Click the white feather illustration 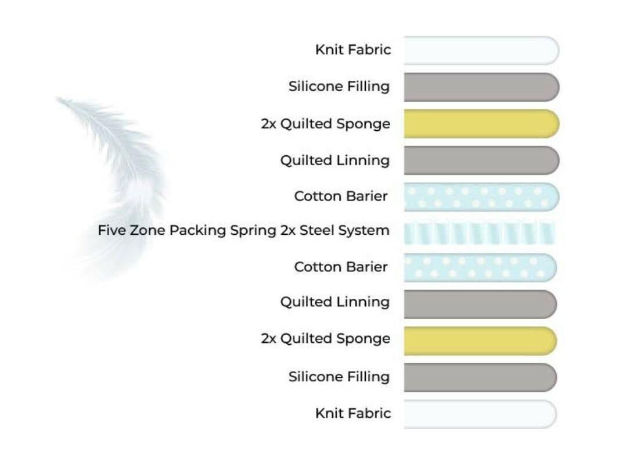click(x=118, y=174)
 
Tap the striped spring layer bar click(x=479, y=233)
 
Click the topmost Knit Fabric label click(x=353, y=50)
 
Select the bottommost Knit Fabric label click(x=353, y=413)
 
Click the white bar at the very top click(x=481, y=51)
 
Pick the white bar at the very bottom click(x=480, y=414)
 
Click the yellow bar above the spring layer click(x=481, y=124)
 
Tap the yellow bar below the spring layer click(x=480, y=341)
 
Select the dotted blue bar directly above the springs click(x=481, y=196)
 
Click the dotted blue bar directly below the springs click(x=480, y=267)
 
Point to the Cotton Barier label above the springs click(x=341, y=196)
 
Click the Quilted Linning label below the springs click(x=335, y=302)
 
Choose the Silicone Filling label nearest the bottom click(x=339, y=377)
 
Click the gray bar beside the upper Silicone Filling click(x=481, y=87)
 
